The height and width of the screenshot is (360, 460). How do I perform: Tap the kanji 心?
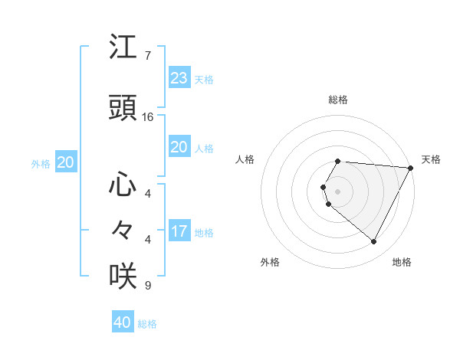(x=123, y=185)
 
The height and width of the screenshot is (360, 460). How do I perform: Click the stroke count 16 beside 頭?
(x=148, y=117)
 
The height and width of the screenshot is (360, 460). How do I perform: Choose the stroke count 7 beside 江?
(x=147, y=56)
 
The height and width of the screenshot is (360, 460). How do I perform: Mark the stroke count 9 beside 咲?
(x=147, y=286)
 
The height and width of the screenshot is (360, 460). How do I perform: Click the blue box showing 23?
(x=179, y=78)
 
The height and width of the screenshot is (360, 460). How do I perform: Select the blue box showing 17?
(x=179, y=231)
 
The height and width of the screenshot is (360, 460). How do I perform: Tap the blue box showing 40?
(x=122, y=322)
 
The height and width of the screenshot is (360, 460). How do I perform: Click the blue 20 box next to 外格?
(x=65, y=162)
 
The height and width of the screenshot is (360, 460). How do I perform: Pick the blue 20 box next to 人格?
(x=179, y=147)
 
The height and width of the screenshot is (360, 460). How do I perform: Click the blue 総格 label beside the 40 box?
(x=147, y=324)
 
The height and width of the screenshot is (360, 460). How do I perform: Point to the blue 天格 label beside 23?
(x=204, y=80)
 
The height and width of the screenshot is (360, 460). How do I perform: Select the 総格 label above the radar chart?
(x=338, y=100)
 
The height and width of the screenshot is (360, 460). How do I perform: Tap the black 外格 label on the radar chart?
(x=270, y=262)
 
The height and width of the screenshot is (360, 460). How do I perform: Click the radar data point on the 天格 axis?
(x=411, y=167)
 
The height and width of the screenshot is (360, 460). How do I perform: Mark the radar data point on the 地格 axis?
(x=374, y=242)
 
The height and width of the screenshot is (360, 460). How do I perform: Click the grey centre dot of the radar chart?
(x=338, y=191)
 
